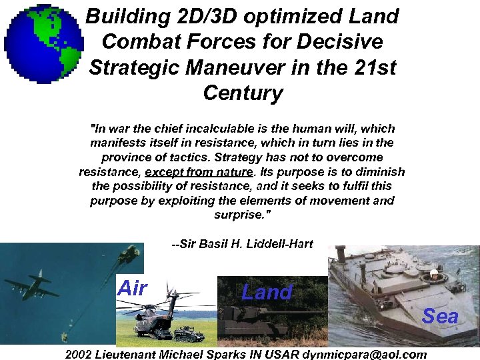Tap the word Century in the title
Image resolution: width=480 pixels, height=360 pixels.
[x=243, y=93]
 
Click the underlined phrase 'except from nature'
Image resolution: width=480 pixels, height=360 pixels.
[x=200, y=172]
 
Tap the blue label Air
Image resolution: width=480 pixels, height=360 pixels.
[x=131, y=289]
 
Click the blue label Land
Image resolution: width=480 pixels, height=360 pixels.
[x=267, y=292]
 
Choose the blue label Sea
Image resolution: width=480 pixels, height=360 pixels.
[x=440, y=315]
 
